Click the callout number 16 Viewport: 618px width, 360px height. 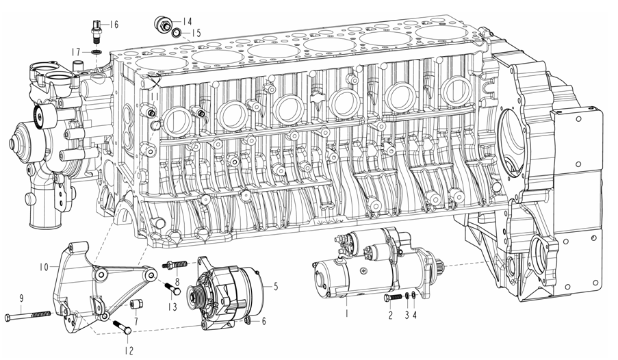click(x=114, y=25)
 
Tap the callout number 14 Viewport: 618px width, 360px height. click(x=187, y=21)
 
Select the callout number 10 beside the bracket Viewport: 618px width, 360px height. click(x=44, y=267)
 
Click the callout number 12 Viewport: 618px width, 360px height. click(x=129, y=350)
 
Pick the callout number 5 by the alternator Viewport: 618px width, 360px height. click(x=276, y=286)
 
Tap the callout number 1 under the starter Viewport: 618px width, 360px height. click(x=347, y=313)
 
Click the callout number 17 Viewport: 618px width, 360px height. click(x=76, y=51)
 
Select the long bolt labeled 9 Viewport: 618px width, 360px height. click(x=28, y=316)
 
